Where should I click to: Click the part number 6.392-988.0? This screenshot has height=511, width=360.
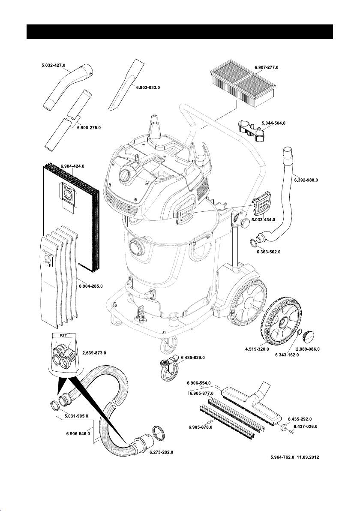click(x=306, y=180)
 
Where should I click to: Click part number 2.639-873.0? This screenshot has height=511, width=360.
click(x=93, y=352)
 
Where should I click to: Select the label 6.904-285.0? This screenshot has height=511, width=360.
click(x=90, y=286)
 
